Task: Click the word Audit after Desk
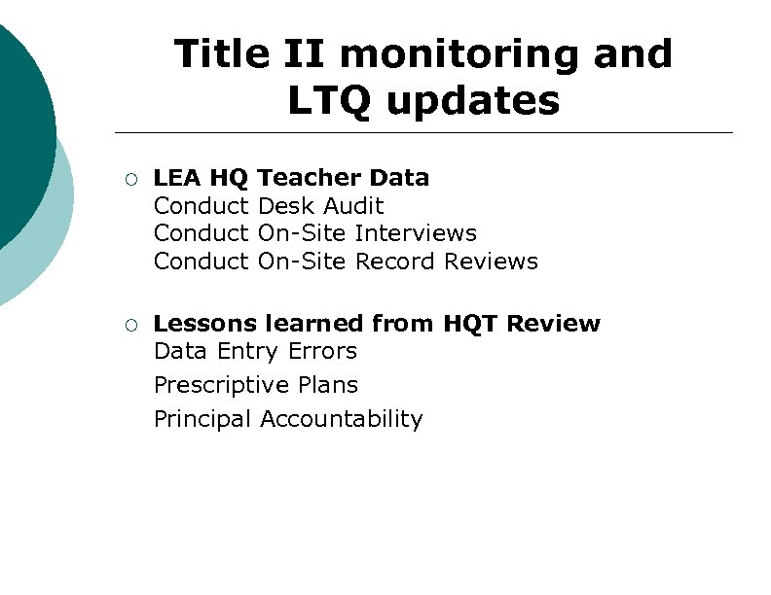[353, 206]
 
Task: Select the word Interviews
[416, 233]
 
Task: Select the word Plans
[328, 385]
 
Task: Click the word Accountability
[341, 420]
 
